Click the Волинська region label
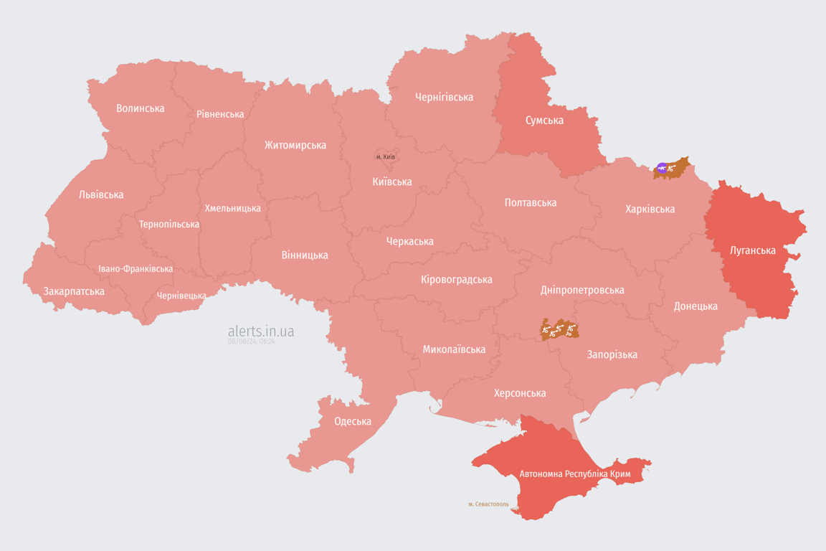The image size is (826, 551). click(141, 108)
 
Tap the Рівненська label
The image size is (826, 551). click(220, 114)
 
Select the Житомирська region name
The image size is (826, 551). click(295, 145)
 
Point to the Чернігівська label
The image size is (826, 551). click(444, 97)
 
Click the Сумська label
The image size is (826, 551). click(544, 120)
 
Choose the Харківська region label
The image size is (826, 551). click(650, 209)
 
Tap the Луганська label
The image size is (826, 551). click(752, 250)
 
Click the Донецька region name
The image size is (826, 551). click(695, 306)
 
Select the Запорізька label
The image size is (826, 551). click(612, 354)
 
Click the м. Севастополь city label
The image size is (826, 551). click(488, 504)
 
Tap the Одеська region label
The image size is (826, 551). click(353, 421)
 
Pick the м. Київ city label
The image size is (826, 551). click(386, 157)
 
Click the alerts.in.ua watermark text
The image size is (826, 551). click(260, 331)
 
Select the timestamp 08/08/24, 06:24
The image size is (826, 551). click(251, 342)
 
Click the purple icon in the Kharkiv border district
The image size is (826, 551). click(662, 169)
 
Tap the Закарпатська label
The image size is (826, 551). click(74, 291)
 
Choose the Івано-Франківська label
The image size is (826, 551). click(136, 269)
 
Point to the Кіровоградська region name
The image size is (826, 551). click(456, 279)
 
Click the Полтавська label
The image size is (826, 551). click(530, 202)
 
